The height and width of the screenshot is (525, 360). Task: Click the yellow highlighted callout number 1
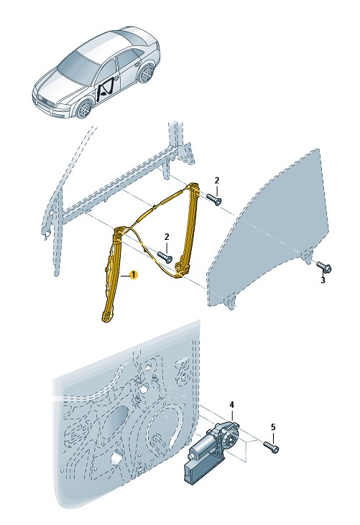coord(133,275)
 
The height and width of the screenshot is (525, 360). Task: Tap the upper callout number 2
coord(217,180)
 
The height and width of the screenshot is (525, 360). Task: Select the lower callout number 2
coord(167,237)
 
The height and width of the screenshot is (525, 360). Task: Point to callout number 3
coord(323,280)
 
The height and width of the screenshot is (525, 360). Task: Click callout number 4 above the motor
coord(232,405)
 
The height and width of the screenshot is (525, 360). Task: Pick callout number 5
coord(273,427)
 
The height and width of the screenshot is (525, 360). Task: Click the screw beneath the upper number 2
coord(214,200)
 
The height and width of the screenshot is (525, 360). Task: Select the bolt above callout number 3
coord(324,266)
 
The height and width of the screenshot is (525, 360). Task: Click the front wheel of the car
coord(84,108)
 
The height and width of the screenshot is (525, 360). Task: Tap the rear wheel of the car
coord(147,74)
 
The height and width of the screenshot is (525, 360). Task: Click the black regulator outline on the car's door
coord(105,88)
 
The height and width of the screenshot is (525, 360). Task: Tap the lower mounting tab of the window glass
coord(230,302)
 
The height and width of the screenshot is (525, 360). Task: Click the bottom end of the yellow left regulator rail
coord(106,318)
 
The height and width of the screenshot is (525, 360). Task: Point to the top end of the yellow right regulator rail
coord(195,186)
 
